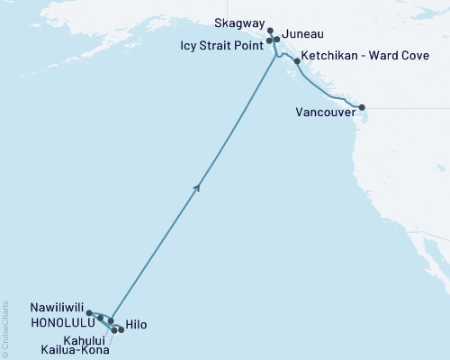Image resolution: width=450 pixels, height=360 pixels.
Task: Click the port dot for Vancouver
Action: coord(362,108)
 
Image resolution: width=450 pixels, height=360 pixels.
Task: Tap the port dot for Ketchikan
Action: coord(297,61)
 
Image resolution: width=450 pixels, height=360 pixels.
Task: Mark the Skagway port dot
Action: coord(270,31)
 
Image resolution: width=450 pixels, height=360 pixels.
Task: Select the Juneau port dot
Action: coord(276,40)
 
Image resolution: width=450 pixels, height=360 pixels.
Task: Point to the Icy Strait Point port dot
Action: coord(269,41)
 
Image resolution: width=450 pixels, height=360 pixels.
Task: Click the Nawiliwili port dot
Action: coord(89,312)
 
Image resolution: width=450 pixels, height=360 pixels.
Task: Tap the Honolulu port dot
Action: coord(100,318)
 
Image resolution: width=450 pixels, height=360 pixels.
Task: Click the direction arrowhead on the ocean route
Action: coord(196,186)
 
